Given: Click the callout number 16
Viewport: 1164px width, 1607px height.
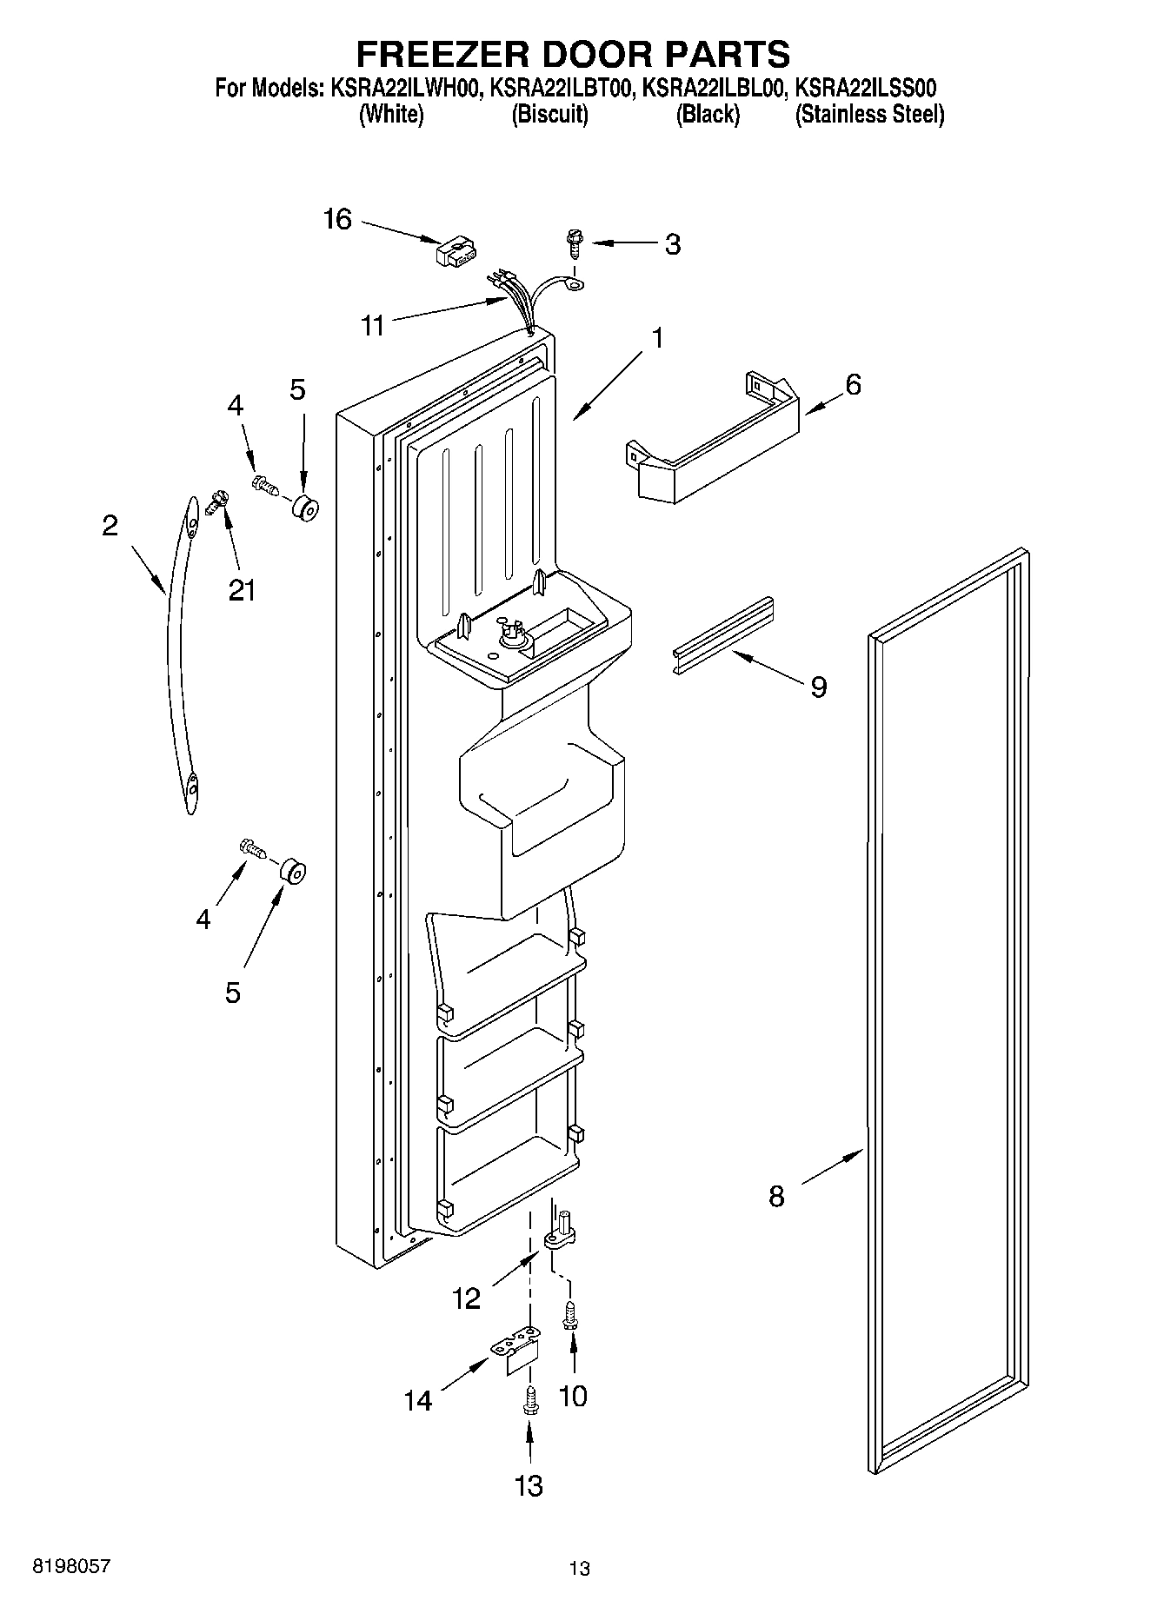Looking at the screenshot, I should point(337,220).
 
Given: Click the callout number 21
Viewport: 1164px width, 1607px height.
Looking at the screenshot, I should point(242,590).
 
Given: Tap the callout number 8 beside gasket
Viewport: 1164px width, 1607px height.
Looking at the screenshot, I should point(776,1196).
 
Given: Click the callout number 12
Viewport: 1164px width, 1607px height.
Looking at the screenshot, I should point(467,1298).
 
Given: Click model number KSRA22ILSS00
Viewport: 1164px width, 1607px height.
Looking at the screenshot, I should point(866,89).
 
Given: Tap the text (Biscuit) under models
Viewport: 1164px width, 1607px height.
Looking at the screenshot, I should point(549,115).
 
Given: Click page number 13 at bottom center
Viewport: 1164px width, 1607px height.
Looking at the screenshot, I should point(580,1569).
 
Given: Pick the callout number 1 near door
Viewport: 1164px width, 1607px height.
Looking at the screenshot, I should point(657,337).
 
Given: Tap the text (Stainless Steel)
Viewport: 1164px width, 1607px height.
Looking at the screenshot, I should point(869,115).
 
